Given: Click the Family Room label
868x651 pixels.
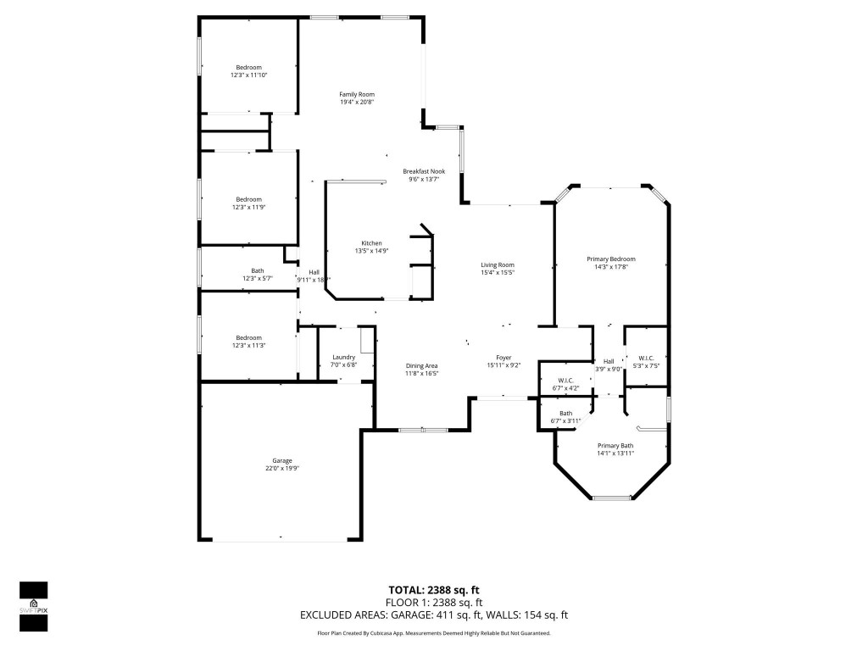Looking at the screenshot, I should coord(356,94).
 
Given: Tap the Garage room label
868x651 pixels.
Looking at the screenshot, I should coord(282,460).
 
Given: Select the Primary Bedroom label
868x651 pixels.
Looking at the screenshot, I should coord(611,259).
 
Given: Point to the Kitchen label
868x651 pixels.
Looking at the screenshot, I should coord(372,243).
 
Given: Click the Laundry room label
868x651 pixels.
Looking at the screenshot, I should coord(343,357).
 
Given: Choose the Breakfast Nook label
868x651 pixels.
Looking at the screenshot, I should coord(424,171).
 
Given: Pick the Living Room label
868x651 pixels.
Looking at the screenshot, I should coord(498,264).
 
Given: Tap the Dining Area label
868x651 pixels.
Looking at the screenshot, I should coord(421,365).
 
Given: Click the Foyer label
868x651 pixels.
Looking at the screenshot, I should coord(504,358).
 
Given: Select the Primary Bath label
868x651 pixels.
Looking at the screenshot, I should coord(615,446).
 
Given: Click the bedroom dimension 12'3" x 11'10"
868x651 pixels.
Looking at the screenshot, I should coord(248,75).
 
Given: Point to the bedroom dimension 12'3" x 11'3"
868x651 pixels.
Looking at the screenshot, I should coord(248,345).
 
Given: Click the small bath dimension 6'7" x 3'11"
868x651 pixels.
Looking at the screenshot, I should coord(565,420).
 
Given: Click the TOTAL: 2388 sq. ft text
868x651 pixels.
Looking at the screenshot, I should coord(434,590).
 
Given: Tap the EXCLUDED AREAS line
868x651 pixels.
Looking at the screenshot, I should coord(434,615).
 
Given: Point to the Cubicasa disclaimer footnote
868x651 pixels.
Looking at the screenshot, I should coord(434,633).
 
